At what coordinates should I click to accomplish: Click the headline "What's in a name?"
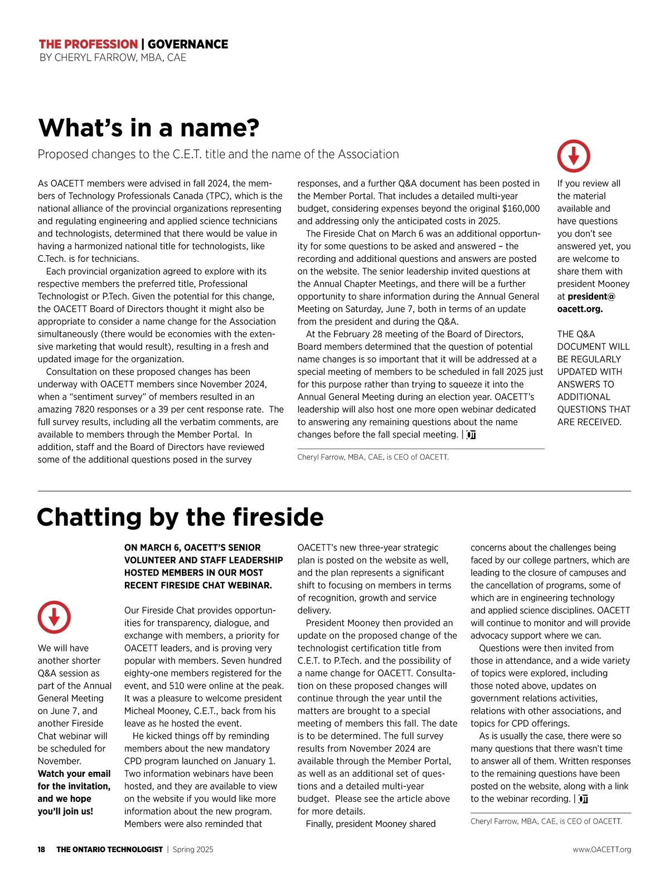coord(148,128)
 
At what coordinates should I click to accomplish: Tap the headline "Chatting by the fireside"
coord(180,517)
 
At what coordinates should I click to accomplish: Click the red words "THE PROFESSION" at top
coord(88,44)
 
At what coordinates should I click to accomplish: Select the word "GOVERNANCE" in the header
coord(188,44)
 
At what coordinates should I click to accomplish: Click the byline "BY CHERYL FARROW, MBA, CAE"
coord(113,57)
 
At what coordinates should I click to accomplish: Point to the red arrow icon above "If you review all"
coord(573,156)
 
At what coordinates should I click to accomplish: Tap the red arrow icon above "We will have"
coord(54,617)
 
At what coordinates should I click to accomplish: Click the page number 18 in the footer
coord(42,849)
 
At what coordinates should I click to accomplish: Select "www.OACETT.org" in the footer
coord(602,849)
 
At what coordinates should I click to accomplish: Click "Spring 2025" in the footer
coord(193,849)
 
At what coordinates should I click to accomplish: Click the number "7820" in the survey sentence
coord(85,409)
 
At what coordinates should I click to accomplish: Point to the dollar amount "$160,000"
coord(521,208)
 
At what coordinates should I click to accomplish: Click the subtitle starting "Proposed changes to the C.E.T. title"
coord(218,154)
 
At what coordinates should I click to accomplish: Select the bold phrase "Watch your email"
coord(74,773)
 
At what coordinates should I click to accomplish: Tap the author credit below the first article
coord(372,457)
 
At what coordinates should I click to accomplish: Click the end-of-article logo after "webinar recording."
coord(583,799)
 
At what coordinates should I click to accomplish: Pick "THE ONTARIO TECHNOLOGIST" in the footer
coord(109,849)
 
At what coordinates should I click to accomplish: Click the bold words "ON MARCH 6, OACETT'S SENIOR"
coord(192,548)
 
